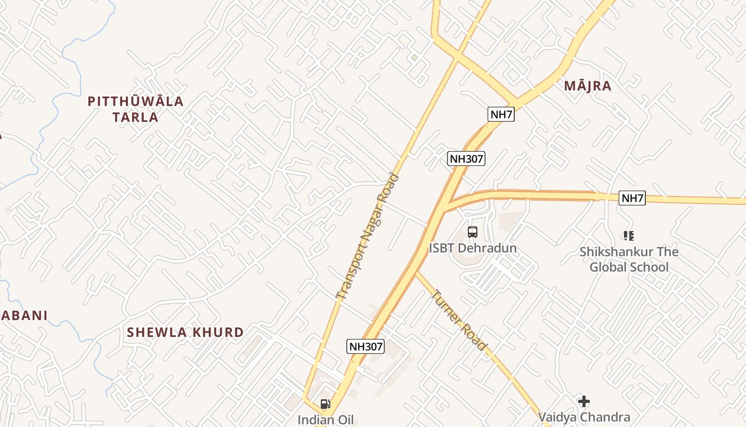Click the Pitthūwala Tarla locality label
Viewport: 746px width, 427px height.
point(135,109)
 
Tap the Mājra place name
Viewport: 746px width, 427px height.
point(587,86)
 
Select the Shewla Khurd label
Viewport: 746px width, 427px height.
point(185,332)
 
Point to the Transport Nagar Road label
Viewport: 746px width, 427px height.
point(368,236)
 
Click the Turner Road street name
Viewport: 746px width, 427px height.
point(459,320)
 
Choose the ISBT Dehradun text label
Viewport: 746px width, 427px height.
point(473,248)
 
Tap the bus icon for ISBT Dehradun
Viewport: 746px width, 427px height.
point(473,232)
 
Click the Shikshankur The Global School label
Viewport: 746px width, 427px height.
point(629,259)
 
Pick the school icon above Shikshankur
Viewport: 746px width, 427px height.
point(629,235)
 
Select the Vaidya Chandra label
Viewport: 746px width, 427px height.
point(584,417)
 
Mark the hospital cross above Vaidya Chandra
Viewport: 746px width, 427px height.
point(584,401)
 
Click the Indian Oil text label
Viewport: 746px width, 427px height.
point(325,420)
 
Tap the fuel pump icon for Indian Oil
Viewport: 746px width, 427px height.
point(325,404)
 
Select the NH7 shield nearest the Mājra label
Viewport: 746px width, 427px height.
point(501,114)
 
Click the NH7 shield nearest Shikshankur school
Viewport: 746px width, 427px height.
point(633,199)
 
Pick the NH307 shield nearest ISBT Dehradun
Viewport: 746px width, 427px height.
point(466,159)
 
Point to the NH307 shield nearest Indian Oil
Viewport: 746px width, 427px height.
point(366,346)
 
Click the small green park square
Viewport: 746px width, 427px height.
point(414,57)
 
